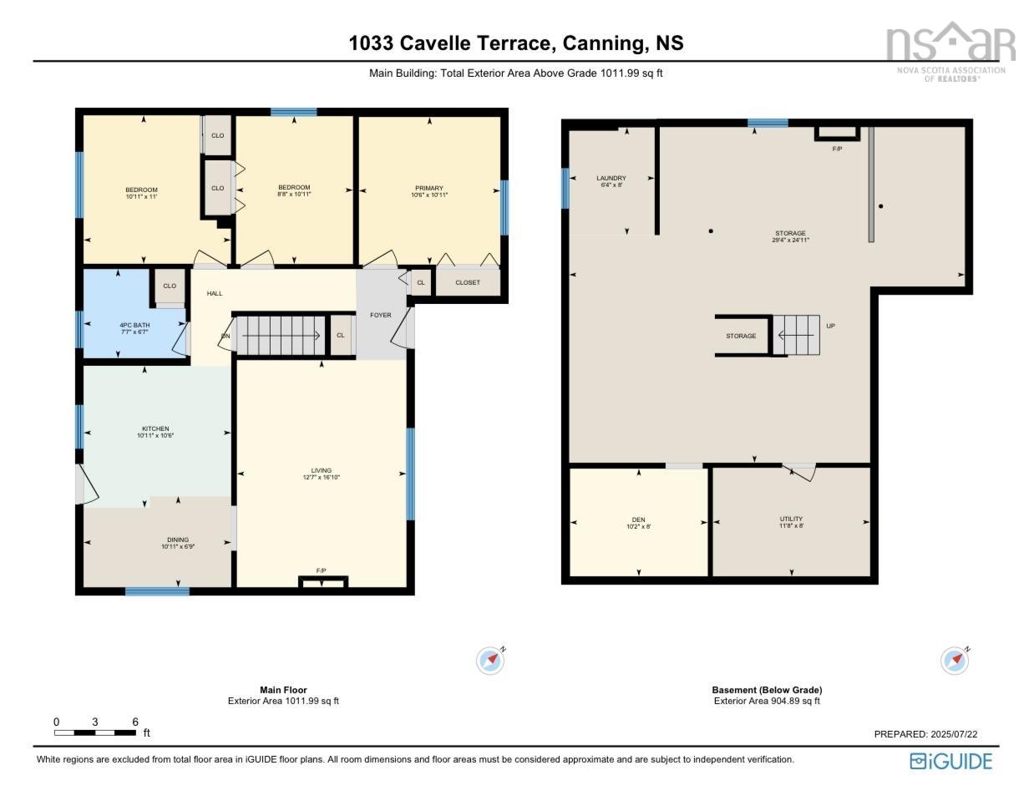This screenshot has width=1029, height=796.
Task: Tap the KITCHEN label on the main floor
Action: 155,429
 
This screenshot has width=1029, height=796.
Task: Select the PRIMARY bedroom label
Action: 429,188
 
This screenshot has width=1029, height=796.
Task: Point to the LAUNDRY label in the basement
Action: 611,178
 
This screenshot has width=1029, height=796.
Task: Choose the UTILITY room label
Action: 791,519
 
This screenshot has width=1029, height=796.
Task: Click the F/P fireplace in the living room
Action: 322,581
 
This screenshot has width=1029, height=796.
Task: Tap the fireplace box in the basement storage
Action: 836,133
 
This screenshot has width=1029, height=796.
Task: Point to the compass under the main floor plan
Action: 490,660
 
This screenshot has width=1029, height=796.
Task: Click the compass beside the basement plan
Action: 955,660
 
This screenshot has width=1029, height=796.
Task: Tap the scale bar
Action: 95,733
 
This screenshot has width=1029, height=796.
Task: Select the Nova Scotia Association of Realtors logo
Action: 950,50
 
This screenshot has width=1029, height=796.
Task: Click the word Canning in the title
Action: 598,43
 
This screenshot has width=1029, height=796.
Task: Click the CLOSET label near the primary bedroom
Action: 468,282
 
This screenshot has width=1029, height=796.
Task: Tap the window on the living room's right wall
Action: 410,474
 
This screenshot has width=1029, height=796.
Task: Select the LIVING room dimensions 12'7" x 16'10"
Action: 322,478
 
